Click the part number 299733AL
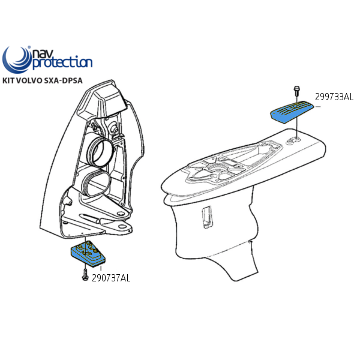point(334,97)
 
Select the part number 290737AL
point(111,278)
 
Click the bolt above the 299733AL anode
point(296,91)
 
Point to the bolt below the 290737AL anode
point(85,275)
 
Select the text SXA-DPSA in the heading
point(63,80)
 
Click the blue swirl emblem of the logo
point(17,59)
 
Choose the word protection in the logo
point(62,62)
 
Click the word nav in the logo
point(42,54)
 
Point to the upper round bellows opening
point(101,152)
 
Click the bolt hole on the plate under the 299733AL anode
point(294,140)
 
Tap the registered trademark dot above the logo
point(29,47)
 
